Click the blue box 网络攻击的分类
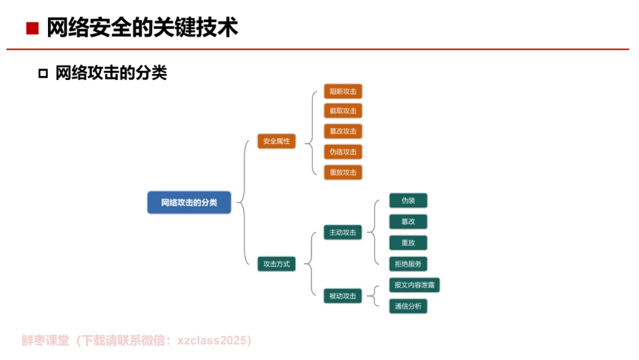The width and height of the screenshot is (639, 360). click(x=189, y=202)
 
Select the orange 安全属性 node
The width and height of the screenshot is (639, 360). click(x=276, y=142)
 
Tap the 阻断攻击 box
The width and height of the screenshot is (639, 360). click(x=343, y=92)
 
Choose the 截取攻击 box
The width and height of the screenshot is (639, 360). click(x=343, y=111)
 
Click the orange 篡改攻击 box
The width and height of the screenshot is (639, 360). click(x=343, y=131)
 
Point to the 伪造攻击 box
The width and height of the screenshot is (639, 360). click(x=343, y=152)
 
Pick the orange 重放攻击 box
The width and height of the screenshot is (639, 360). click(x=343, y=172)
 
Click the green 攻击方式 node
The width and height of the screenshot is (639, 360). click(x=276, y=264)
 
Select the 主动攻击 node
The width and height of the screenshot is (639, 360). click(x=343, y=233)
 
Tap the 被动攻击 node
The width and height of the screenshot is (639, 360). click(x=343, y=296)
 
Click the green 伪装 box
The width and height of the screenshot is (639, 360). click(x=408, y=201)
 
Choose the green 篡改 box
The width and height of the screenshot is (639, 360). click(x=408, y=221)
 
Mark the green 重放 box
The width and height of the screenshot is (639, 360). click(x=408, y=243)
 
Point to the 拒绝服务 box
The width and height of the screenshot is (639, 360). click(x=408, y=263)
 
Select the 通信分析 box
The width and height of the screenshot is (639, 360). click(x=408, y=306)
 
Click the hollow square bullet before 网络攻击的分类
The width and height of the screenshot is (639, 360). click(x=43, y=73)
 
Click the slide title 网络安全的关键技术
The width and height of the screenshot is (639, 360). click(x=142, y=28)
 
